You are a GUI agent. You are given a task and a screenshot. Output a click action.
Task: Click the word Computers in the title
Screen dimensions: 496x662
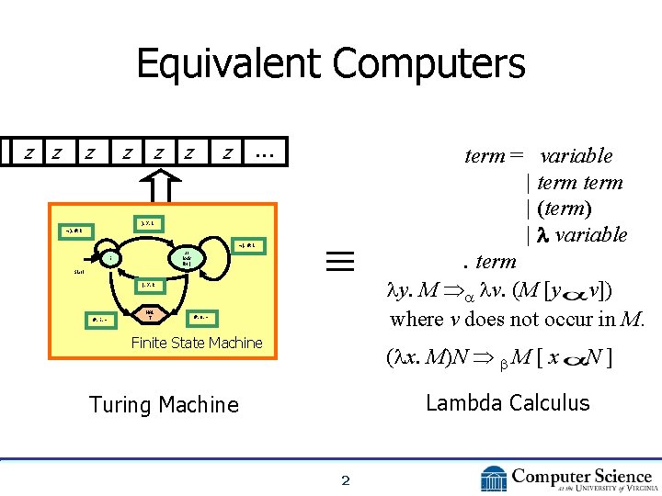429,64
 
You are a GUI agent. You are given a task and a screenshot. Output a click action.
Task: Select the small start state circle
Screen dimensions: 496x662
111,259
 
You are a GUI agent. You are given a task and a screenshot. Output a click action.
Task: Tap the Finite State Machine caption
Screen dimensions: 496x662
197,343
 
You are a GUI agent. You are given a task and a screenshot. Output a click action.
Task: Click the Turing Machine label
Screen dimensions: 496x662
164,404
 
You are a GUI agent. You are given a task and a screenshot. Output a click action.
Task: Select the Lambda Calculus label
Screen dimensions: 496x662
508,402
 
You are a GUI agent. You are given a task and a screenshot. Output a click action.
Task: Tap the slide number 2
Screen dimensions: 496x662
346,479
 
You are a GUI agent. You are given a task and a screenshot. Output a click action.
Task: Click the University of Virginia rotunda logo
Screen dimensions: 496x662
493,479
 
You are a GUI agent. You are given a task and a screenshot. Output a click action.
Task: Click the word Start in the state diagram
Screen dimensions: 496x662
82,272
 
